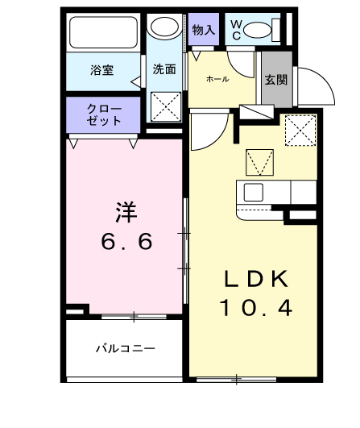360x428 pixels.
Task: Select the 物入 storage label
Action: click(x=204, y=30)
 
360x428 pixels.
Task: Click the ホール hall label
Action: click(x=217, y=79)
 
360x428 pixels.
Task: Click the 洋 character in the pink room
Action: click(x=125, y=213)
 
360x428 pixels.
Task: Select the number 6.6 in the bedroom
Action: click(x=126, y=242)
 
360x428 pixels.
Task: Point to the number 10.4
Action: click(x=255, y=307)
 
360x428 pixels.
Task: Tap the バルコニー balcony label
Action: click(x=125, y=349)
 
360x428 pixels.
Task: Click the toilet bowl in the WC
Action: click(x=260, y=31)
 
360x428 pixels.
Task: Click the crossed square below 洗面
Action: click(x=168, y=106)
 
